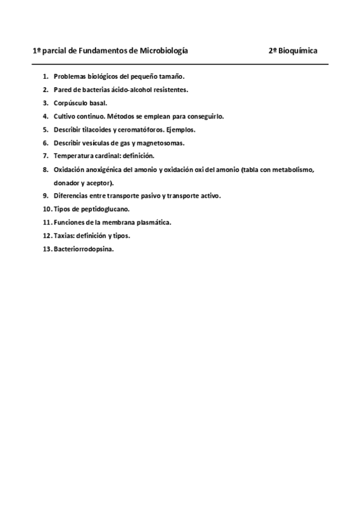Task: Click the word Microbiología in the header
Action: [x=163, y=51]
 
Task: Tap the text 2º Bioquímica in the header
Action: [x=293, y=51]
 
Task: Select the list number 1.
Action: [x=46, y=76]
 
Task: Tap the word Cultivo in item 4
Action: [x=65, y=116]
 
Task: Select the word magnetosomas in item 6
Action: [x=162, y=143]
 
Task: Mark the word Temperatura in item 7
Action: [x=73, y=156]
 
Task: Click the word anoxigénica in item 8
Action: [x=103, y=169]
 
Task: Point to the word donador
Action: [x=67, y=182]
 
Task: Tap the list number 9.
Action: [x=46, y=195]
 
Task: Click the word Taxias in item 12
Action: [x=63, y=235]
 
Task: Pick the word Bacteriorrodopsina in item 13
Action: [x=84, y=248]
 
